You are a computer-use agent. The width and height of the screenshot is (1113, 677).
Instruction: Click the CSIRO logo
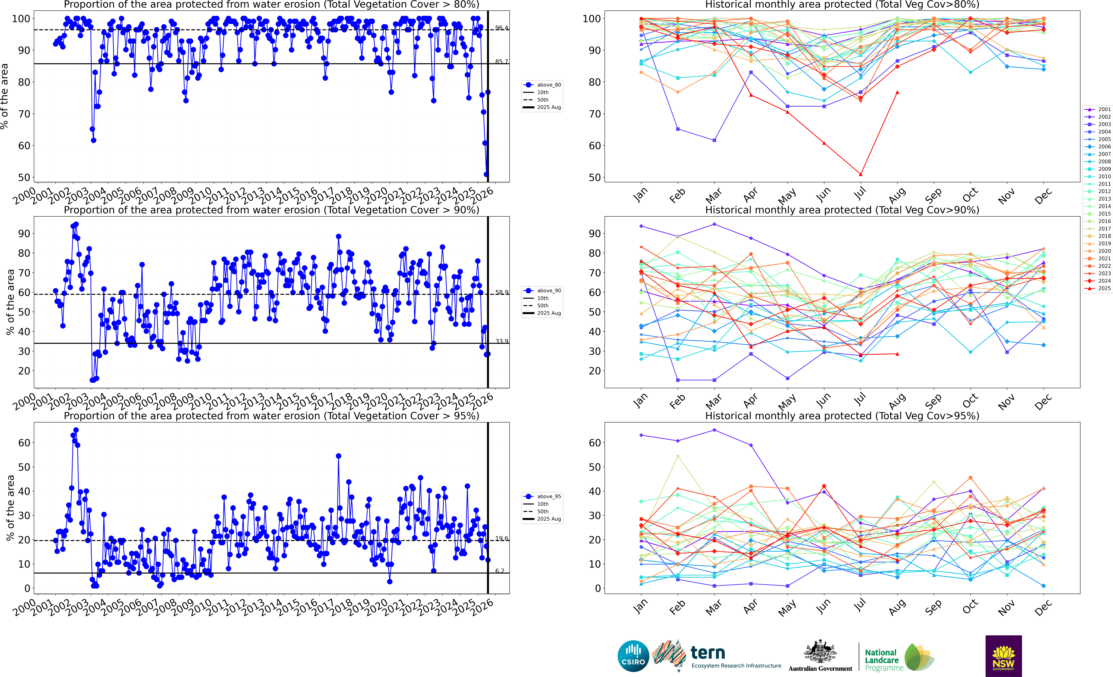click(x=633, y=656)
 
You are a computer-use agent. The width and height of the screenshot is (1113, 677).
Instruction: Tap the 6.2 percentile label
click(x=500, y=571)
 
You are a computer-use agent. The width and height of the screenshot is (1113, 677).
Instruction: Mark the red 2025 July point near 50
click(x=861, y=174)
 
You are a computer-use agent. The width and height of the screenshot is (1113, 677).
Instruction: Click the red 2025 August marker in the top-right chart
click(x=897, y=92)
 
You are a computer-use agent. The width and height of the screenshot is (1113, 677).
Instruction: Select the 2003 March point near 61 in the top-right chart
click(x=714, y=140)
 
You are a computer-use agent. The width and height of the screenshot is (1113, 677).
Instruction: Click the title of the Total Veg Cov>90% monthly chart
click(x=842, y=210)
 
